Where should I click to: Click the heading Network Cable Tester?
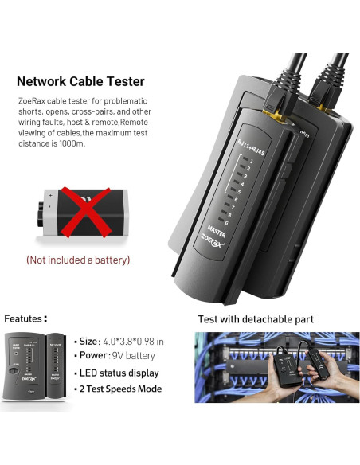(x=80, y=80)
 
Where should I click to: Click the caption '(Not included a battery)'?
(x=78, y=260)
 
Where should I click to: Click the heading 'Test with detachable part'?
(x=255, y=319)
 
